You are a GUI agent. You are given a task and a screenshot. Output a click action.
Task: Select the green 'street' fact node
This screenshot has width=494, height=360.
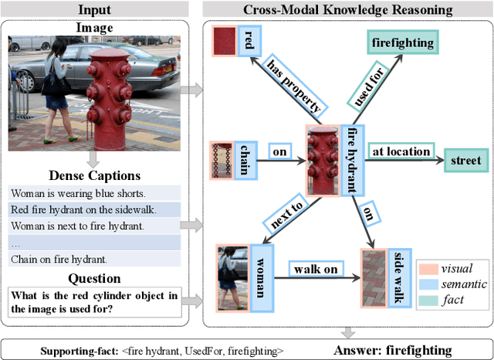tap(465, 161)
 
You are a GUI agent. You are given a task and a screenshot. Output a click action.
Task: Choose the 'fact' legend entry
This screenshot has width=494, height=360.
tap(452, 300)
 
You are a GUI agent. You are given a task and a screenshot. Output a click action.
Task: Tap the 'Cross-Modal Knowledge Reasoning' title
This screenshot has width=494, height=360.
tap(348, 9)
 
